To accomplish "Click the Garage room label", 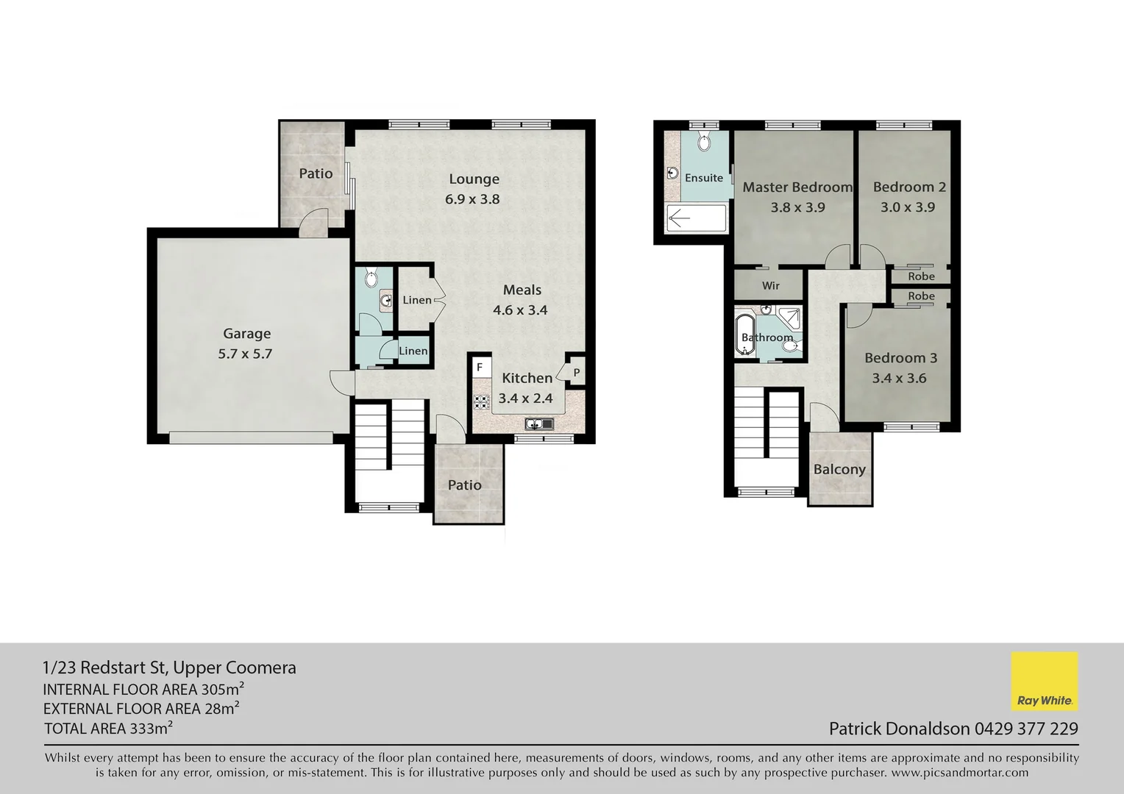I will click(246, 334).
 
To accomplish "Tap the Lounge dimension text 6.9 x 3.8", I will click(472, 199).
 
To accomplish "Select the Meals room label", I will click(522, 290).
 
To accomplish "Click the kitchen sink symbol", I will click(539, 423).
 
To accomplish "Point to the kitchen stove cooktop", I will click(481, 402).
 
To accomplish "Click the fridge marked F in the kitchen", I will click(480, 367).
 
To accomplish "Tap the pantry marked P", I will click(576, 373).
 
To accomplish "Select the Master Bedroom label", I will click(797, 187).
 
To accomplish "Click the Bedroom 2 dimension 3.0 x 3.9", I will click(908, 207).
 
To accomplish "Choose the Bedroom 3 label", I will click(900, 358).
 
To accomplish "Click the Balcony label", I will click(839, 469).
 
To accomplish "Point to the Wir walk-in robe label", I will click(770, 285).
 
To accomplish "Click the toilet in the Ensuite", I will click(703, 143).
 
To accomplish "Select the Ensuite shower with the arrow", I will click(695, 218).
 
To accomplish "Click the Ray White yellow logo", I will click(1044, 681).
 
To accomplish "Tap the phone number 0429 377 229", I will click(1026, 729).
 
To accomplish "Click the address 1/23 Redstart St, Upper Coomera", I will click(169, 668).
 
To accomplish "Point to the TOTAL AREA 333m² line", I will click(108, 729).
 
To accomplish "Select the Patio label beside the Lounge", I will click(316, 174).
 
